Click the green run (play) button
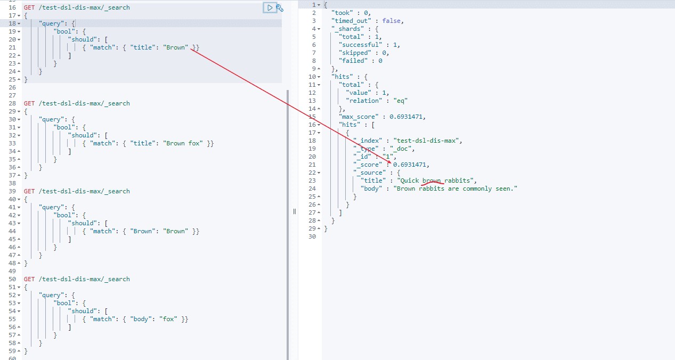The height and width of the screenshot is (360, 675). point(270,7)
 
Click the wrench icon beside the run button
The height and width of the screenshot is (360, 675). point(280,7)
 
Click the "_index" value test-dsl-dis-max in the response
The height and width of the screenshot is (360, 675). point(427,141)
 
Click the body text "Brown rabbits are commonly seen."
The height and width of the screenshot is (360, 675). point(455,189)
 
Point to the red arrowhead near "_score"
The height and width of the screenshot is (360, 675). point(390,162)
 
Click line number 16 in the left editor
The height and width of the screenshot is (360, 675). point(12,7)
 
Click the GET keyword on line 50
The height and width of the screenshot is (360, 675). point(29,279)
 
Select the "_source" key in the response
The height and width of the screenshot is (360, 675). point(370,173)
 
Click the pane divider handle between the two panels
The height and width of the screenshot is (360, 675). point(294,211)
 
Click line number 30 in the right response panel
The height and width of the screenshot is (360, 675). point(312,236)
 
